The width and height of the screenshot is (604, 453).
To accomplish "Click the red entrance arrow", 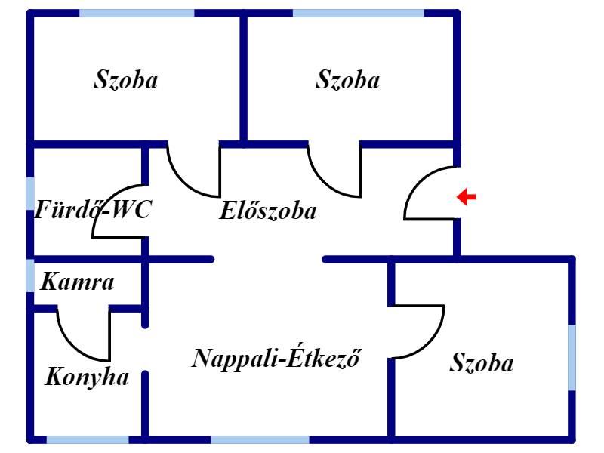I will point(467,197).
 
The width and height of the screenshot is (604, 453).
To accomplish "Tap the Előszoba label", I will point(267,211).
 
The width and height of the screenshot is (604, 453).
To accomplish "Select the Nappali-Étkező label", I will point(275,357).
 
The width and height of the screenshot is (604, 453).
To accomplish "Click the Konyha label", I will point(86,376).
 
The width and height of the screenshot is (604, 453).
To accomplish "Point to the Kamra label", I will point(77,283).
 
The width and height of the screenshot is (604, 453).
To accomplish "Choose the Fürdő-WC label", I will point(92,211).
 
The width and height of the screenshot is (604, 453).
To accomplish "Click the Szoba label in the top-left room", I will point(125,80).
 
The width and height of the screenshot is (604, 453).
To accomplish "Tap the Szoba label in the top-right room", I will point(347,80).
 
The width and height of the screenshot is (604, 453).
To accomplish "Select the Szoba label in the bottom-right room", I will point(481,363).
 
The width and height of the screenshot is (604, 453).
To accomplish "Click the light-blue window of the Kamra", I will point(30,276).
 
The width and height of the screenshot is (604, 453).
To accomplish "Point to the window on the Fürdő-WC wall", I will point(30,193).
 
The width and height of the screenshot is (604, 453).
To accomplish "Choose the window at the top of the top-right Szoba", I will point(358,13).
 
